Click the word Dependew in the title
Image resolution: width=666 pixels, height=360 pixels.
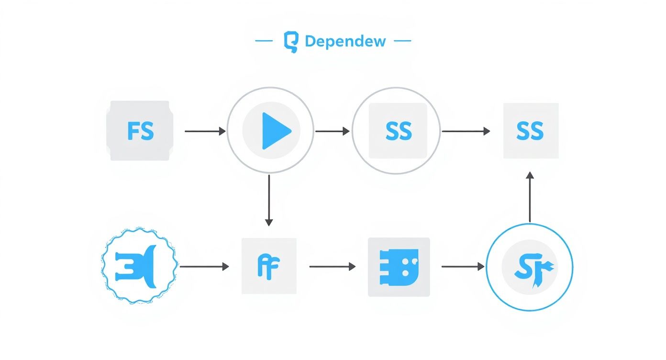click(345, 41)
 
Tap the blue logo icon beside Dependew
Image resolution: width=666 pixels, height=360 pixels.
click(290, 42)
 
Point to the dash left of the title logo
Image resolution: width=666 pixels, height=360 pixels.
click(264, 41)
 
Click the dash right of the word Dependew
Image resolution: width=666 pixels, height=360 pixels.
click(402, 41)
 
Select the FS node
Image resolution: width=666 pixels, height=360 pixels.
click(140, 131)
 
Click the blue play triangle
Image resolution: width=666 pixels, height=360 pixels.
click(275, 130)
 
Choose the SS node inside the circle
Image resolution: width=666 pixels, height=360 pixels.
click(398, 131)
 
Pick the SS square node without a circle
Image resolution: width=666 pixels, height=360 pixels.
click(530, 131)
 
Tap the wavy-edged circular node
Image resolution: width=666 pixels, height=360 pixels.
click(139, 266)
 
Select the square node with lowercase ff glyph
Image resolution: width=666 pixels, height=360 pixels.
click(269, 266)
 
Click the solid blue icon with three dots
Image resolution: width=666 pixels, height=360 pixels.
click(399, 266)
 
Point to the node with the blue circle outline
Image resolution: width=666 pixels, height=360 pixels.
click(529, 267)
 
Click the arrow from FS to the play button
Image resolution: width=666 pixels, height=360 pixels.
click(205, 131)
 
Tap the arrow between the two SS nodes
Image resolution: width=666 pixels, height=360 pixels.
click(466, 131)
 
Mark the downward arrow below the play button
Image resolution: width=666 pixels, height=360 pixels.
click(269, 200)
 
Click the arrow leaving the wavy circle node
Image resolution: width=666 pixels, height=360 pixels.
click(204, 266)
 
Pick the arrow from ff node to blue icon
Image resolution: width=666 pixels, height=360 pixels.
click(333, 266)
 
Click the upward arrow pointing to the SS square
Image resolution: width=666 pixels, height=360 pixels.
click(530, 197)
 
